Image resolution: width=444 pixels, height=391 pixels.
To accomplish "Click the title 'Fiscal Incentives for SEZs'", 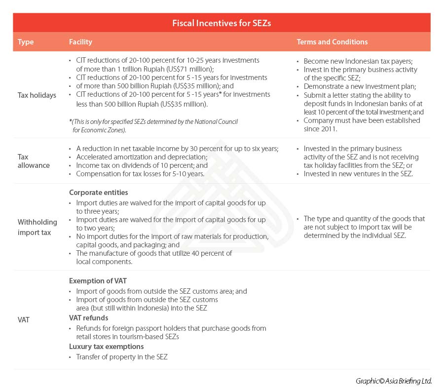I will (x=222, y=23).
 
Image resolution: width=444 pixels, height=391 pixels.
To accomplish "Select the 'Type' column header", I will (x=26, y=42).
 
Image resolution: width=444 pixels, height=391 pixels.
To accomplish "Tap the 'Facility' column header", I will (x=80, y=42).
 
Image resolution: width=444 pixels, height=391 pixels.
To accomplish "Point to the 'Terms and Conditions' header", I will (x=332, y=42).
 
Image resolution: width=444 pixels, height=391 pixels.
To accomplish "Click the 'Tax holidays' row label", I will (x=37, y=95).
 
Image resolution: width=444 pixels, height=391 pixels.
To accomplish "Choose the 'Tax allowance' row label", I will (x=34, y=161).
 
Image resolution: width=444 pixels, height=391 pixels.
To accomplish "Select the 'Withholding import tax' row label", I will (x=37, y=227).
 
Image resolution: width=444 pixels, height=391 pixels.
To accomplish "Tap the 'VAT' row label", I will (x=24, y=320).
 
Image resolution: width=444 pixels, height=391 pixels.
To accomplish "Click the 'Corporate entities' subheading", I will (x=98, y=193).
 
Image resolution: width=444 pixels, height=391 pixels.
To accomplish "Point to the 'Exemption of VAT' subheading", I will (x=98, y=281).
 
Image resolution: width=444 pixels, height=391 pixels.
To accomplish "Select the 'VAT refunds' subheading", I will (x=89, y=318).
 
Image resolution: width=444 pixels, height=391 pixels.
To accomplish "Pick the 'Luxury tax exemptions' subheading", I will (x=106, y=346).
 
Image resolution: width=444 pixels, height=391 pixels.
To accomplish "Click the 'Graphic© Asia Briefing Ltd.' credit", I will (x=394, y=381).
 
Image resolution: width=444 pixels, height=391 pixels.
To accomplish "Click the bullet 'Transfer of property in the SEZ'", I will (x=121, y=356).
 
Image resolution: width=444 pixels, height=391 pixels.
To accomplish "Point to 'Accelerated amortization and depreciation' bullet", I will (x=134, y=157).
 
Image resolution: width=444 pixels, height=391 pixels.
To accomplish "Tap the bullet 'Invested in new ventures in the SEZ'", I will (x=358, y=174).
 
